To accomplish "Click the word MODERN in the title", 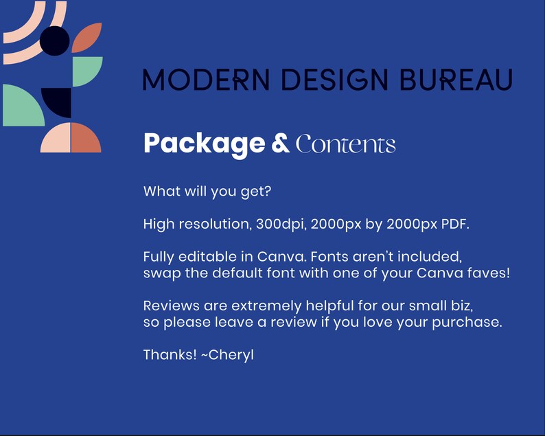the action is point(206,79).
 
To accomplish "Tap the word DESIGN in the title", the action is point(334,79).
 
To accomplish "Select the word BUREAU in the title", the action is point(456,79).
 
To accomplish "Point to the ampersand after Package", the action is point(280,143).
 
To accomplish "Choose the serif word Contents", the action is point(345,144).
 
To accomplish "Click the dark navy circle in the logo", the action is point(55,41).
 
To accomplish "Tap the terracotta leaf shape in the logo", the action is point(87,38).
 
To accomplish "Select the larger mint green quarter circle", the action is point(23,105).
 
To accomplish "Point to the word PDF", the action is point(455,225).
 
